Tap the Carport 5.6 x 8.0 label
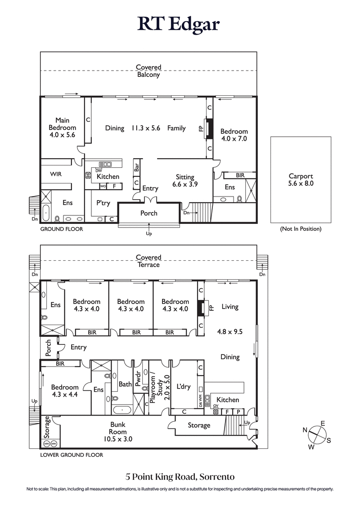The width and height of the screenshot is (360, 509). (301, 180)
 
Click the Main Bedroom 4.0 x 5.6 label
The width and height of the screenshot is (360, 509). (62, 128)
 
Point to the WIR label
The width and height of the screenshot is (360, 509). (56, 174)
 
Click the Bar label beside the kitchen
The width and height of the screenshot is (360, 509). (136, 167)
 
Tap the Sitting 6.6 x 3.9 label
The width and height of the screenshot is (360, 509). (185, 181)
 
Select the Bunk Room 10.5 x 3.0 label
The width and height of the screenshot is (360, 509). (118, 432)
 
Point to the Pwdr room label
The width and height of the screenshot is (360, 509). (138, 375)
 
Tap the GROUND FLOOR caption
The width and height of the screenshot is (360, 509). (62, 229)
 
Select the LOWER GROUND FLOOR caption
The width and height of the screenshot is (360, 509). (72, 455)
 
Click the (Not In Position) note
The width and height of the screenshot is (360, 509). (301, 229)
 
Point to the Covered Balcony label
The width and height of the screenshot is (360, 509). (148, 71)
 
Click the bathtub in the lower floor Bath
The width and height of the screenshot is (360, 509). (121, 410)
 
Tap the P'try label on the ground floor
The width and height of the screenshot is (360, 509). (103, 203)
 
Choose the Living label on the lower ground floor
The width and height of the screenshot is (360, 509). (229, 307)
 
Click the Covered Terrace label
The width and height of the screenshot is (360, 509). (148, 261)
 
